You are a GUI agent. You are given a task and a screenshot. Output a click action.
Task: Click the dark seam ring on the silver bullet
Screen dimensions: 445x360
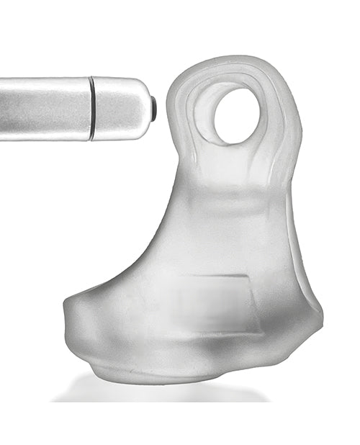(x=91, y=109)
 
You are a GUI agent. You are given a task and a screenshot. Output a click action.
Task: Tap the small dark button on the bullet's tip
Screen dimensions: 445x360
(x=154, y=108)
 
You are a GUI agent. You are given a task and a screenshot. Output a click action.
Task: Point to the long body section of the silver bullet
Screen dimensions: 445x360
(x=45, y=108)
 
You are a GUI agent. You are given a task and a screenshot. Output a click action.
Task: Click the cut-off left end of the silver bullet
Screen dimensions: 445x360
(x=3, y=108)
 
